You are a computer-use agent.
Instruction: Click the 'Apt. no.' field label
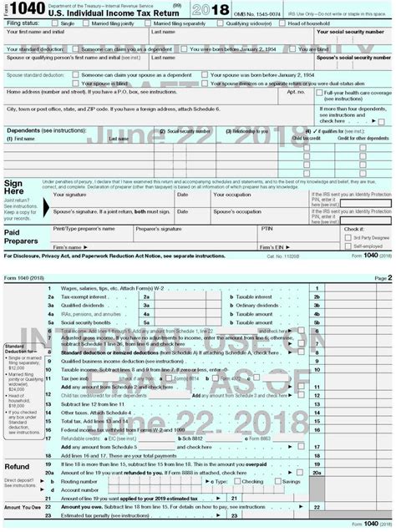point(296,94)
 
